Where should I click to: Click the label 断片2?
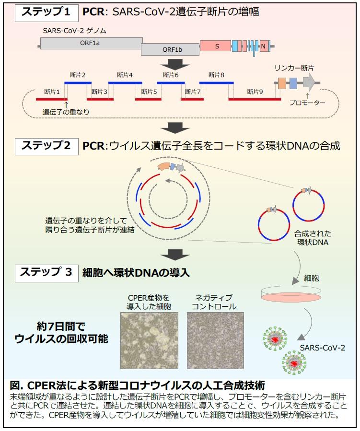(77, 75)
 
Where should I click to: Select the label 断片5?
(149, 92)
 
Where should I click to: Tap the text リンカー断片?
(294, 69)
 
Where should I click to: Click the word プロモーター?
(307, 103)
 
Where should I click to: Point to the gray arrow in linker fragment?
(309, 83)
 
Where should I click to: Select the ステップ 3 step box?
(46, 272)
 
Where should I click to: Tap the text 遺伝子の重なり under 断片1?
(66, 112)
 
